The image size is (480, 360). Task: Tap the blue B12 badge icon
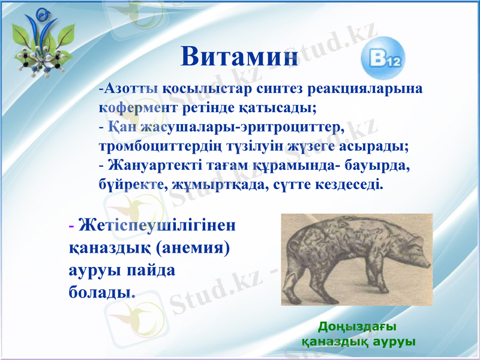click(x=382, y=59)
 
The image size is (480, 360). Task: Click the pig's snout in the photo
click(x=425, y=262)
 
